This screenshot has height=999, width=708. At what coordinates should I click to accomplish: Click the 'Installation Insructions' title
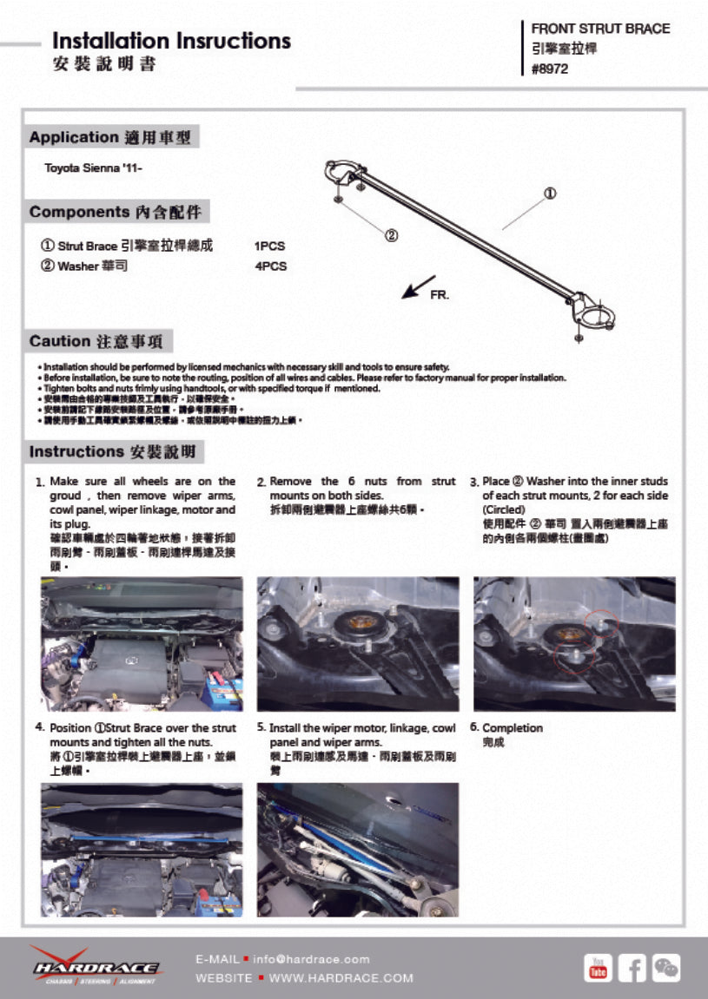(x=171, y=41)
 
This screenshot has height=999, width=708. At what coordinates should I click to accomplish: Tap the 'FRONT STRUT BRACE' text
(x=600, y=29)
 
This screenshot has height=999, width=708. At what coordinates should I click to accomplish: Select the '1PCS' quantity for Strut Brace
(x=269, y=246)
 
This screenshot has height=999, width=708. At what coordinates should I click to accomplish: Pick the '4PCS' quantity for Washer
(x=270, y=266)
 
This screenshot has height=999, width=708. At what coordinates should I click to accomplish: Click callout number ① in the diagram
(x=550, y=193)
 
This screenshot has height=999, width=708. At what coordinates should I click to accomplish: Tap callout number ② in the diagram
(x=391, y=235)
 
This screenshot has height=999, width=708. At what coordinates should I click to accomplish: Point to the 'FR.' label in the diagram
(x=440, y=296)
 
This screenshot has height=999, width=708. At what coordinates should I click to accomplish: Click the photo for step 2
(x=358, y=643)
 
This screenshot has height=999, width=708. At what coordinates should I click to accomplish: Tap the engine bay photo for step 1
(x=142, y=643)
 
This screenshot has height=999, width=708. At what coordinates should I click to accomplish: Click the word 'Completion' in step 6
(x=512, y=727)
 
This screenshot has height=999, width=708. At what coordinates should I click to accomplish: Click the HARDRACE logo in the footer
(x=96, y=966)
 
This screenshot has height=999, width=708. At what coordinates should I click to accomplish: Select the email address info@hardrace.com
(x=312, y=959)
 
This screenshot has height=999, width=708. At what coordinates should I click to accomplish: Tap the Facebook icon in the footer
(x=632, y=967)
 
